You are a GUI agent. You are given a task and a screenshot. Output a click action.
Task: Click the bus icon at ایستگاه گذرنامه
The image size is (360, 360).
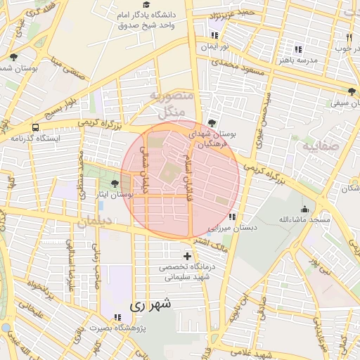click(x=35, y=127)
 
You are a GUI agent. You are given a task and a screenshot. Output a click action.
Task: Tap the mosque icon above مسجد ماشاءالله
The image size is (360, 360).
click(x=304, y=209)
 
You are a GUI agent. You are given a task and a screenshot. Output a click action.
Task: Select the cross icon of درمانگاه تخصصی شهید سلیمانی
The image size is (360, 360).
click(x=186, y=256)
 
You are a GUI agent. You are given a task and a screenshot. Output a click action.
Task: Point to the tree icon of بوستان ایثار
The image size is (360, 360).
click(x=114, y=184)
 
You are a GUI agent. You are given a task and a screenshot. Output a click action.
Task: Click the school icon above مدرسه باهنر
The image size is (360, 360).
click(x=298, y=49)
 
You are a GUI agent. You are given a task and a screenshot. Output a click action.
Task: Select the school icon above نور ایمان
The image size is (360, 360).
click(x=214, y=35)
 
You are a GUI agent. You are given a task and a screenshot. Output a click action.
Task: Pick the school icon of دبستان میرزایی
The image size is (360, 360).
click(x=232, y=217)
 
